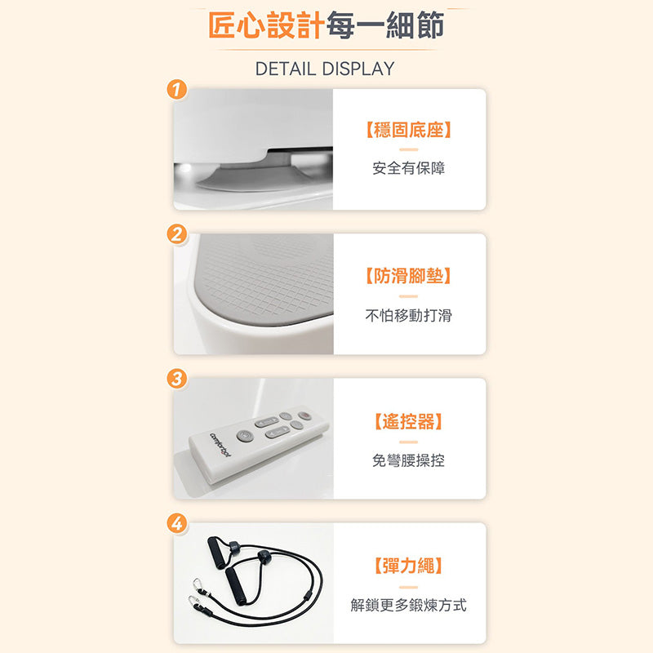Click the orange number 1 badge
point(176,90)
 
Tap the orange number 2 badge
point(176,234)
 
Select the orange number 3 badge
point(176,379)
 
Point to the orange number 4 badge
point(176,523)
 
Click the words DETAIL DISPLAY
point(325,69)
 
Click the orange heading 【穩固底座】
point(409,131)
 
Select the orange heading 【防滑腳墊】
point(409,276)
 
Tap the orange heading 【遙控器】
point(409,421)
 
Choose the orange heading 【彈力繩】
point(409,566)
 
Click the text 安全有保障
point(409,168)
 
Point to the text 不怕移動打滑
point(409,315)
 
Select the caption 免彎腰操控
point(409,460)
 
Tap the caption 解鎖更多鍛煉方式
point(409,605)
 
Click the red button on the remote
point(304,415)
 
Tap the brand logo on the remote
point(220,445)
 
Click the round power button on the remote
point(245,436)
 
